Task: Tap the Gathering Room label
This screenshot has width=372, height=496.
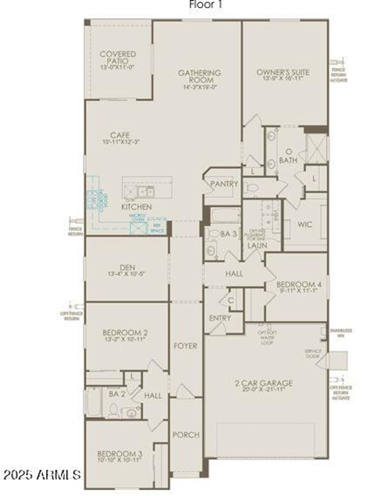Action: [x=199, y=76]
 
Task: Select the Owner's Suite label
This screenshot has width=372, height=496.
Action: [x=282, y=72]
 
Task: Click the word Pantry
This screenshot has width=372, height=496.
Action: [x=224, y=184]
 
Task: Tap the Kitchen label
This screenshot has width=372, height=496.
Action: [x=136, y=207]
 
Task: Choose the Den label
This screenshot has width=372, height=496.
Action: [x=127, y=268]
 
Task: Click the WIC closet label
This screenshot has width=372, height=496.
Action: [x=305, y=224]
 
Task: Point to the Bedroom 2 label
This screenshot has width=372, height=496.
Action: [x=125, y=332]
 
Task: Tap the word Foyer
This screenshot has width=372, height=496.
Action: [x=185, y=346]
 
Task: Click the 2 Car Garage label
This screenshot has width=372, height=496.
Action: [x=264, y=383]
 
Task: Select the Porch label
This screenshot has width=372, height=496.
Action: [x=186, y=435]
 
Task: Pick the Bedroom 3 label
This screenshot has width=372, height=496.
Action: [x=120, y=454]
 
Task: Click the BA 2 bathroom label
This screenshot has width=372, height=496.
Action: [x=117, y=394]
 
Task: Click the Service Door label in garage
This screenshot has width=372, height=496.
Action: [x=312, y=353]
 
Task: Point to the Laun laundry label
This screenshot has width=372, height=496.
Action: [x=257, y=246]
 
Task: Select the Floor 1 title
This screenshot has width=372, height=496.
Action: [x=206, y=4]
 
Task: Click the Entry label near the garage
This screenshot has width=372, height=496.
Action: [x=220, y=318]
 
